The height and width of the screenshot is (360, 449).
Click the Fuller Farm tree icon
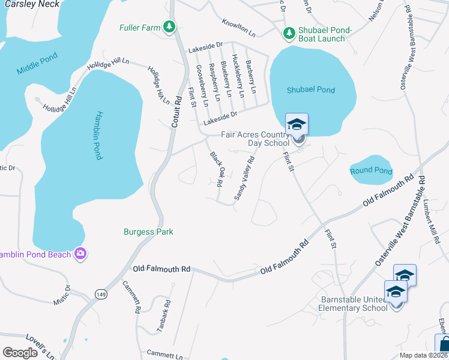(x=170, y=26)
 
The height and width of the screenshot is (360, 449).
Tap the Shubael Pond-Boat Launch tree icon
(x=288, y=31)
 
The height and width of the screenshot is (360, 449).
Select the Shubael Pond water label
(x=310, y=90)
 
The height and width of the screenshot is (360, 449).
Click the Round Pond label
(x=371, y=172)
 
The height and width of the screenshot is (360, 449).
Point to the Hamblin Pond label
(x=99, y=136)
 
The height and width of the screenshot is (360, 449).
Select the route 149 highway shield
(x=101, y=293)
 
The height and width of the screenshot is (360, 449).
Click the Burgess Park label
(x=148, y=232)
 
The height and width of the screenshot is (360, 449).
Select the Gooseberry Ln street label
(x=202, y=86)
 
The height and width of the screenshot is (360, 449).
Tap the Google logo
(x=20, y=353)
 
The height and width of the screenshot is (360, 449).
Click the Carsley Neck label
(x=32, y=4)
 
